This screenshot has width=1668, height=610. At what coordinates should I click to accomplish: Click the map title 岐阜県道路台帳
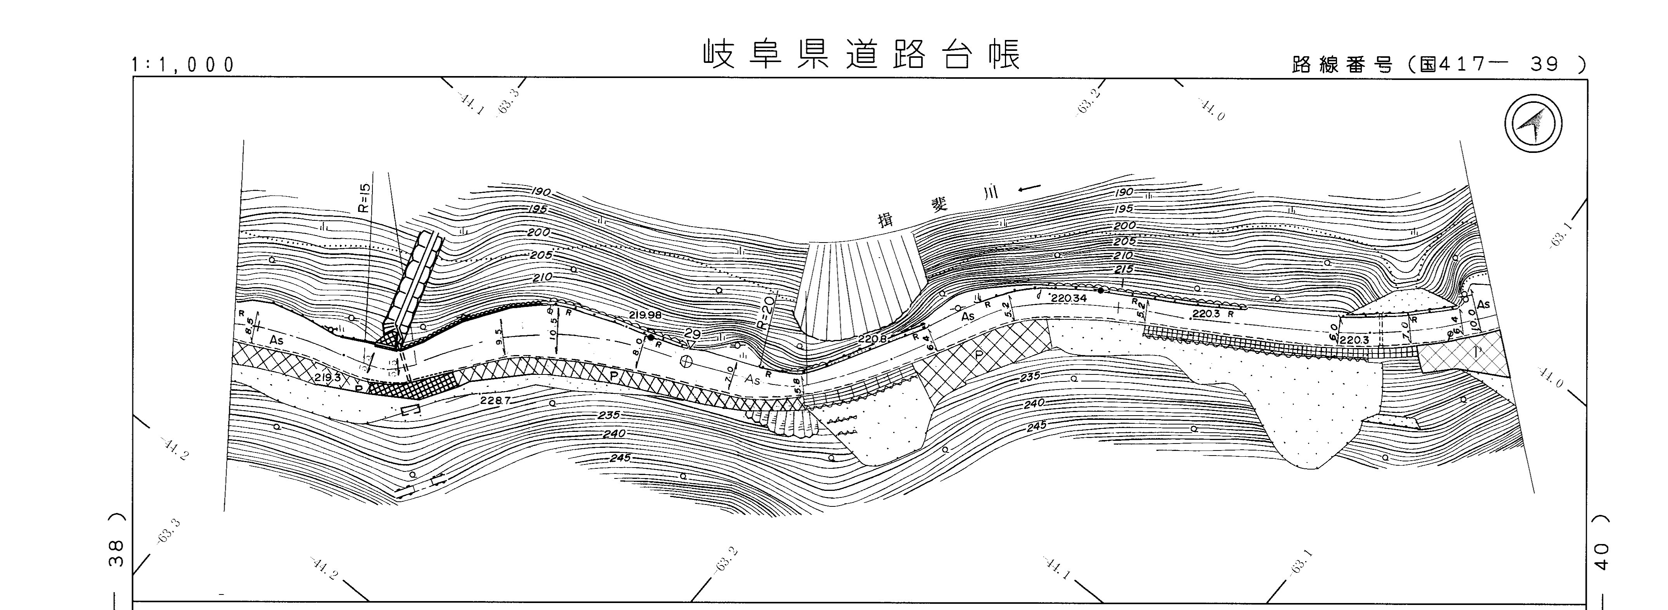coord(862,54)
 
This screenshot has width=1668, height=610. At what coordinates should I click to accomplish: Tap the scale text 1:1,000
coord(183,65)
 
